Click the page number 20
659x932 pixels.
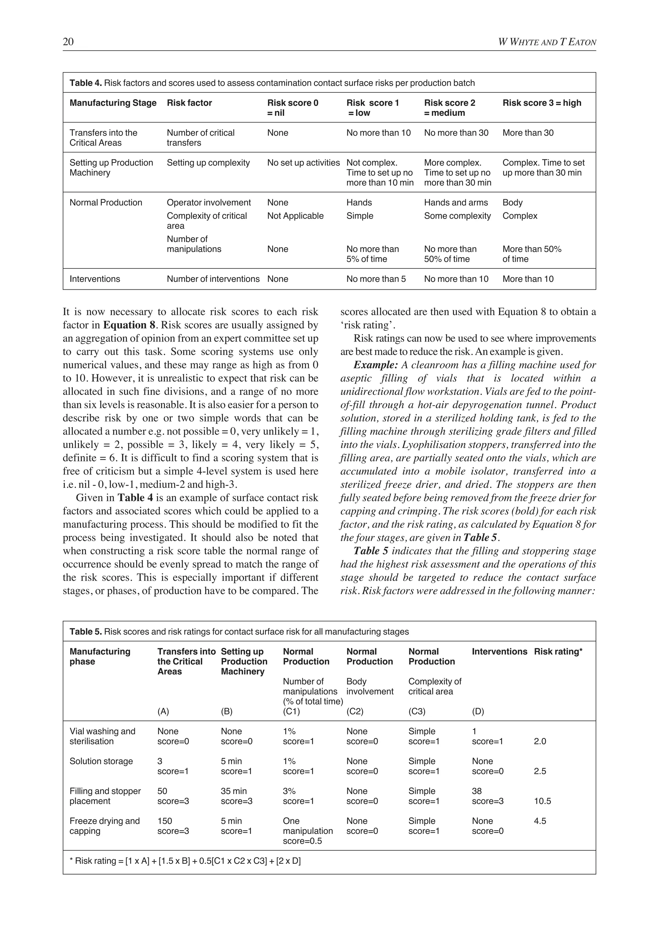pyautogui.click(x=68, y=42)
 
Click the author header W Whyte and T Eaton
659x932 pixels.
pyautogui.click(x=547, y=42)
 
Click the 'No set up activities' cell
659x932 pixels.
pyautogui.click(x=303, y=163)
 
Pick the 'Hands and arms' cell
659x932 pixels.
pyautogui.click(x=456, y=202)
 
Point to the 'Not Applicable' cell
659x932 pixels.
pyautogui.click(x=295, y=216)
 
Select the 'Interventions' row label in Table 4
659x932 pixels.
pyautogui.click(x=95, y=279)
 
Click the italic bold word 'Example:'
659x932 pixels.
pyautogui.click(x=376, y=365)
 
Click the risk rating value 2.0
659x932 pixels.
pyautogui.click(x=540, y=741)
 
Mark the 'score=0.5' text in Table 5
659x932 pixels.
pyautogui.click(x=302, y=841)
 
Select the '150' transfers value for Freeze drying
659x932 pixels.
pyautogui.click(x=165, y=821)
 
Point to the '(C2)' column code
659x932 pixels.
pyautogui.click(x=355, y=711)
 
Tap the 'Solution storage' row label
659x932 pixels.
pyautogui.click(x=101, y=761)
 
